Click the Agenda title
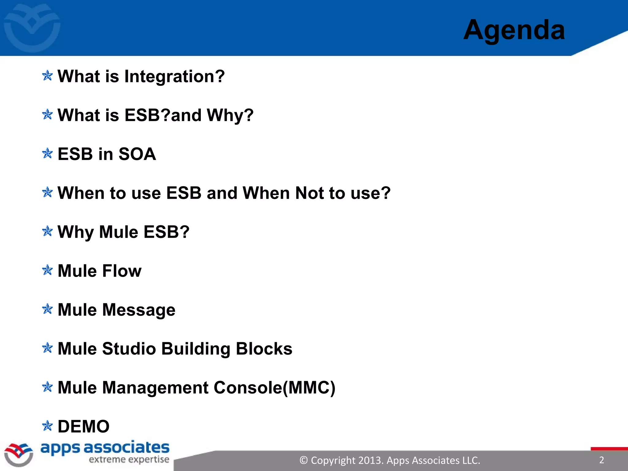tap(514, 30)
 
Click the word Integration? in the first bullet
tap(174, 76)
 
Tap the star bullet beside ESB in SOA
tap(47, 153)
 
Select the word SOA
tap(137, 154)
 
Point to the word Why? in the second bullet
tap(230, 115)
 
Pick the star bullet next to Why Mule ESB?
tap(47, 231)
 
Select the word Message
tap(139, 310)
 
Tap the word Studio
tap(129, 349)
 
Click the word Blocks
tap(264, 349)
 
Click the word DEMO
tap(83, 427)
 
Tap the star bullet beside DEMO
tap(47, 426)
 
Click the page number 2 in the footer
tap(601, 460)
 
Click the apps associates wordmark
tap(105, 448)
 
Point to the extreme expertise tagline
tap(129, 459)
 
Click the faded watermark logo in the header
tap(32, 28)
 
